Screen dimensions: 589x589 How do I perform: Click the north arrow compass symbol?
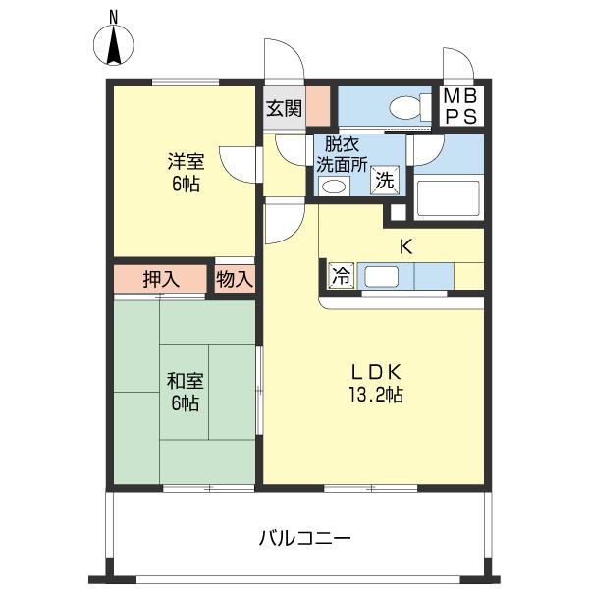(114, 45)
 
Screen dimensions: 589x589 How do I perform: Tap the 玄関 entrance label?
(284, 108)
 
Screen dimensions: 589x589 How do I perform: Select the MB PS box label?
(460, 106)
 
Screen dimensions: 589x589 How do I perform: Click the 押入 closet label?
(161, 279)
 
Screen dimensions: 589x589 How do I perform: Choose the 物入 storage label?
(235, 279)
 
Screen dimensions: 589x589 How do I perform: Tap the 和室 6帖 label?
(184, 391)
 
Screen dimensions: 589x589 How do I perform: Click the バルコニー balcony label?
(305, 539)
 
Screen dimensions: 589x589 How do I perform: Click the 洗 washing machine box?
(386, 181)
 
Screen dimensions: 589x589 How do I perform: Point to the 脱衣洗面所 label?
(339, 153)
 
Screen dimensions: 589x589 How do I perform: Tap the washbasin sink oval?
(334, 186)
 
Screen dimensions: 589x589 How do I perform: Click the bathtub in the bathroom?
(448, 195)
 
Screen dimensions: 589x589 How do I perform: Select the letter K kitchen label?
(403, 246)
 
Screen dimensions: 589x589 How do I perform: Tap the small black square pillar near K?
(397, 211)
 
